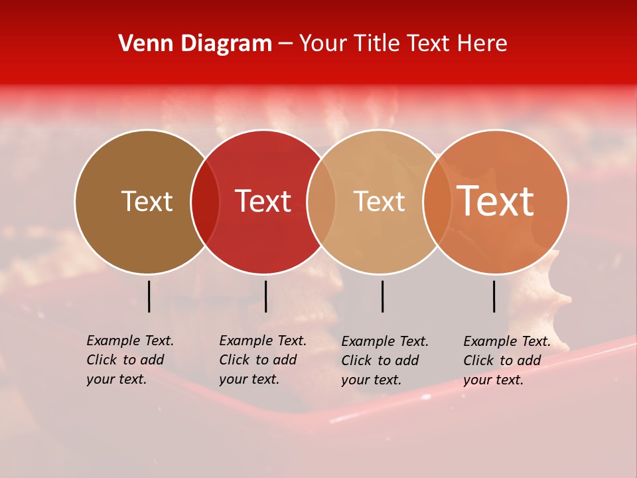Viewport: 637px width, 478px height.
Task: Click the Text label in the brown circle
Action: (x=147, y=201)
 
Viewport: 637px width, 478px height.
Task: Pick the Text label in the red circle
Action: (x=263, y=201)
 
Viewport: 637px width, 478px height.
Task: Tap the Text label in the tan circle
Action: (x=379, y=201)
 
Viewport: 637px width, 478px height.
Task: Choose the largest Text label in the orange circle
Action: (x=496, y=201)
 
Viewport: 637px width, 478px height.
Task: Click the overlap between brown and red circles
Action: (x=205, y=201)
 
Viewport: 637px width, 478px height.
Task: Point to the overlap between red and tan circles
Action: (x=321, y=201)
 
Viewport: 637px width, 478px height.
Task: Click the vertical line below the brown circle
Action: (x=149, y=296)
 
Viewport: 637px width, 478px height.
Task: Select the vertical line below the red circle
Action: (x=265, y=296)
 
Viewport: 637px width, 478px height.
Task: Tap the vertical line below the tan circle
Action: (x=382, y=296)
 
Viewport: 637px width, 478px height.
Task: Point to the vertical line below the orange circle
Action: (x=494, y=296)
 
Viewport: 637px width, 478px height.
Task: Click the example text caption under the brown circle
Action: (x=130, y=360)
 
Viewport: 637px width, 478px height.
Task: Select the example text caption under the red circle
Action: (x=263, y=360)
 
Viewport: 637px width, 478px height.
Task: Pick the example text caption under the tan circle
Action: (x=385, y=360)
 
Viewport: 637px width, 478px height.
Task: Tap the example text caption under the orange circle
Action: (x=507, y=360)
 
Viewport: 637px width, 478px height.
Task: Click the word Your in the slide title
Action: (x=322, y=44)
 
